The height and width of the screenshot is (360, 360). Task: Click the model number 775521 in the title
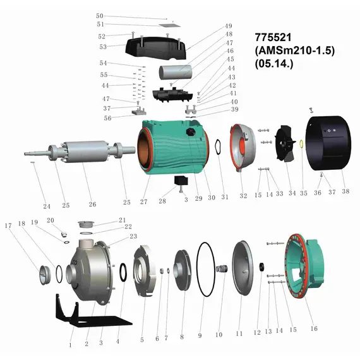[x=273, y=37]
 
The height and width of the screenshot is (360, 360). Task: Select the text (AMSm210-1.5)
[x=295, y=51]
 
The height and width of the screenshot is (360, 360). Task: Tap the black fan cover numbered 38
[x=328, y=143]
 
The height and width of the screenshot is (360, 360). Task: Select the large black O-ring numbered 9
[x=198, y=269]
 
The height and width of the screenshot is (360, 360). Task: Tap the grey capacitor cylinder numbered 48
[x=175, y=72]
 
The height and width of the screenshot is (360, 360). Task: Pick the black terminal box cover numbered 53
[x=156, y=49]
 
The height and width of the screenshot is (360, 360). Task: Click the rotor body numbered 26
[x=85, y=152]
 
